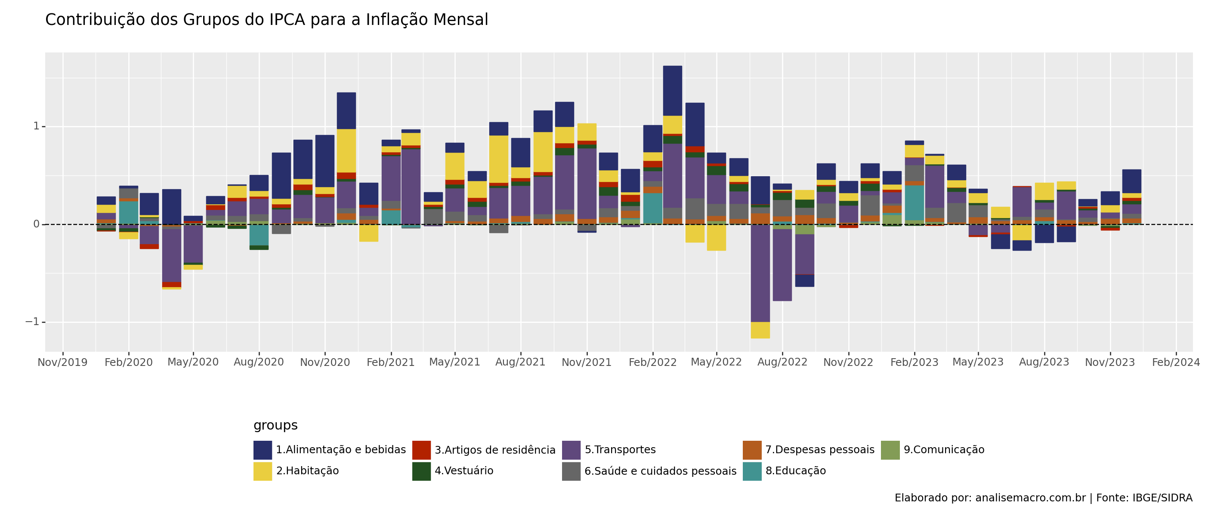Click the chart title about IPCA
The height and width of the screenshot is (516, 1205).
coord(267,20)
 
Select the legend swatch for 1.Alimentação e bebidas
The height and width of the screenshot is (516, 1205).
coord(263,450)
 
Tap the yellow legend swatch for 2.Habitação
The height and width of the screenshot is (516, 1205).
coord(263,471)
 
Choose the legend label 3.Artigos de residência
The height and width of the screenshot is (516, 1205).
coord(495,450)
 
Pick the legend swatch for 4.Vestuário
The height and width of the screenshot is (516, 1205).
coord(421,471)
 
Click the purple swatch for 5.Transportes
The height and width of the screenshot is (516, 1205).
coord(571,450)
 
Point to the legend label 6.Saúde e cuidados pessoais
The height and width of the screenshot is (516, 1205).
coord(660,471)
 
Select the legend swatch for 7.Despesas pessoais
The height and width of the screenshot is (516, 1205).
coord(752,450)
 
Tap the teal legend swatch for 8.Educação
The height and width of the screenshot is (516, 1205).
coord(752,471)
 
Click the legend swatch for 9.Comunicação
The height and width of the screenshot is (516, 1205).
coord(890,450)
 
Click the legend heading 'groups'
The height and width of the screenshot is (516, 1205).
coord(275,425)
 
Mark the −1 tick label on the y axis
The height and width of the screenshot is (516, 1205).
coord(32,322)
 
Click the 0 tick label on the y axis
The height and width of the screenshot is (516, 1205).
coord(36,224)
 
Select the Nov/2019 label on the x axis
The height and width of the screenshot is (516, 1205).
coord(63,362)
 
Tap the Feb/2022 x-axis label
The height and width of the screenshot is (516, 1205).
coord(652,362)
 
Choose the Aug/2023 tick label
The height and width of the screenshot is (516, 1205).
coord(1044,362)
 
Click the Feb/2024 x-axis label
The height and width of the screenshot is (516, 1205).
coord(1176,362)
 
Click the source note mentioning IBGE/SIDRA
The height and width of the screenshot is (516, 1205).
coord(1043,498)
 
